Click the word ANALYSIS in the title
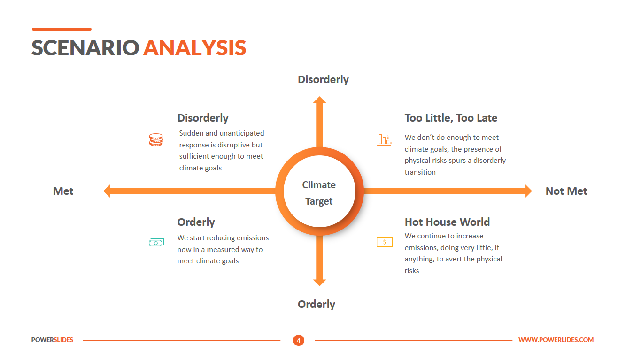(194, 48)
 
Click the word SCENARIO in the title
(85, 48)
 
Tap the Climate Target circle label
(319, 193)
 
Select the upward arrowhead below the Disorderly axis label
(319, 100)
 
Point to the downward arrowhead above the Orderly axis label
(319, 283)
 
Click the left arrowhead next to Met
(107, 191)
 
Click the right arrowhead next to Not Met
(529, 191)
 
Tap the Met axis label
(63, 191)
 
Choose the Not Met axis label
(566, 191)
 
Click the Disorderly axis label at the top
(323, 79)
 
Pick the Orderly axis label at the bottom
(316, 304)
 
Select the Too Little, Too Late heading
(451, 118)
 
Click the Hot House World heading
(447, 222)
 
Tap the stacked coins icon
(156, 140)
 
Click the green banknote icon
(156, 243)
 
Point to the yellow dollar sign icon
(384, 242)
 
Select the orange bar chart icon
(385, 140)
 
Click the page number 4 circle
(299, 340)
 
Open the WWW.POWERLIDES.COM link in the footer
(556, 340)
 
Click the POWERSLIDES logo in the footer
(52, 340)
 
